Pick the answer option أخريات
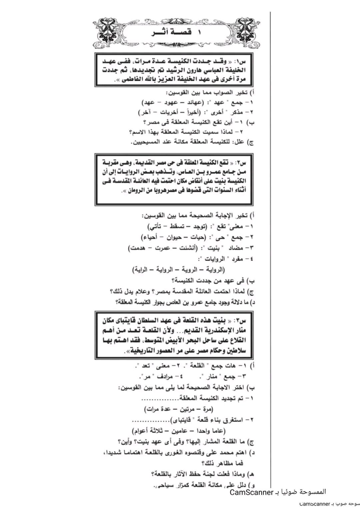[x=168, y=112]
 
